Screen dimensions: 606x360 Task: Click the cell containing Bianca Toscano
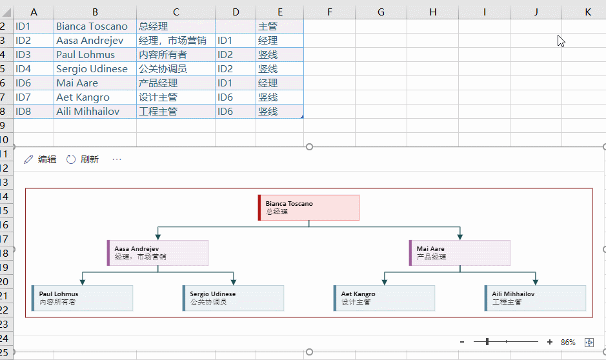[95, 26]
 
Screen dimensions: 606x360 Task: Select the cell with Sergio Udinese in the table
[95, 69]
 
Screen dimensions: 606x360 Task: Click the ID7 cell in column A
[34, 97]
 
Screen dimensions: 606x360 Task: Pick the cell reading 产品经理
[176, 83]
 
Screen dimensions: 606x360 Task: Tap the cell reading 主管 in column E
[279, 26]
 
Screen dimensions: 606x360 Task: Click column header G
[381, 12]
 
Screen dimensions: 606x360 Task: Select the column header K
[587, 12]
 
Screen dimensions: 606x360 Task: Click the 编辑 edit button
[40, 159]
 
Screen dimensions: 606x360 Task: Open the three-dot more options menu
[117, 159]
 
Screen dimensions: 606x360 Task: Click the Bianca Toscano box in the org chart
[308, 208]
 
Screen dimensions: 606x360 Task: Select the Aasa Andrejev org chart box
[157, 253]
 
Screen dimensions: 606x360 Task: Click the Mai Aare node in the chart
[460, 253]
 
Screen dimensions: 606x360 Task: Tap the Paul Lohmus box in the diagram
[83, 298]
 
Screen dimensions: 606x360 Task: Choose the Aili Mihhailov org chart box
[535, 298]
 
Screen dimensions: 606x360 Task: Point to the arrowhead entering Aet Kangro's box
[384, 282]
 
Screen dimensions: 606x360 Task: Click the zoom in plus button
[550, 342]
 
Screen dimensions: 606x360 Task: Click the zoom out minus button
[462, 342]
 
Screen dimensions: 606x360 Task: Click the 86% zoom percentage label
[568, 342]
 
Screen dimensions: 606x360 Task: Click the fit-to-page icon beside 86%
[589, 342]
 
